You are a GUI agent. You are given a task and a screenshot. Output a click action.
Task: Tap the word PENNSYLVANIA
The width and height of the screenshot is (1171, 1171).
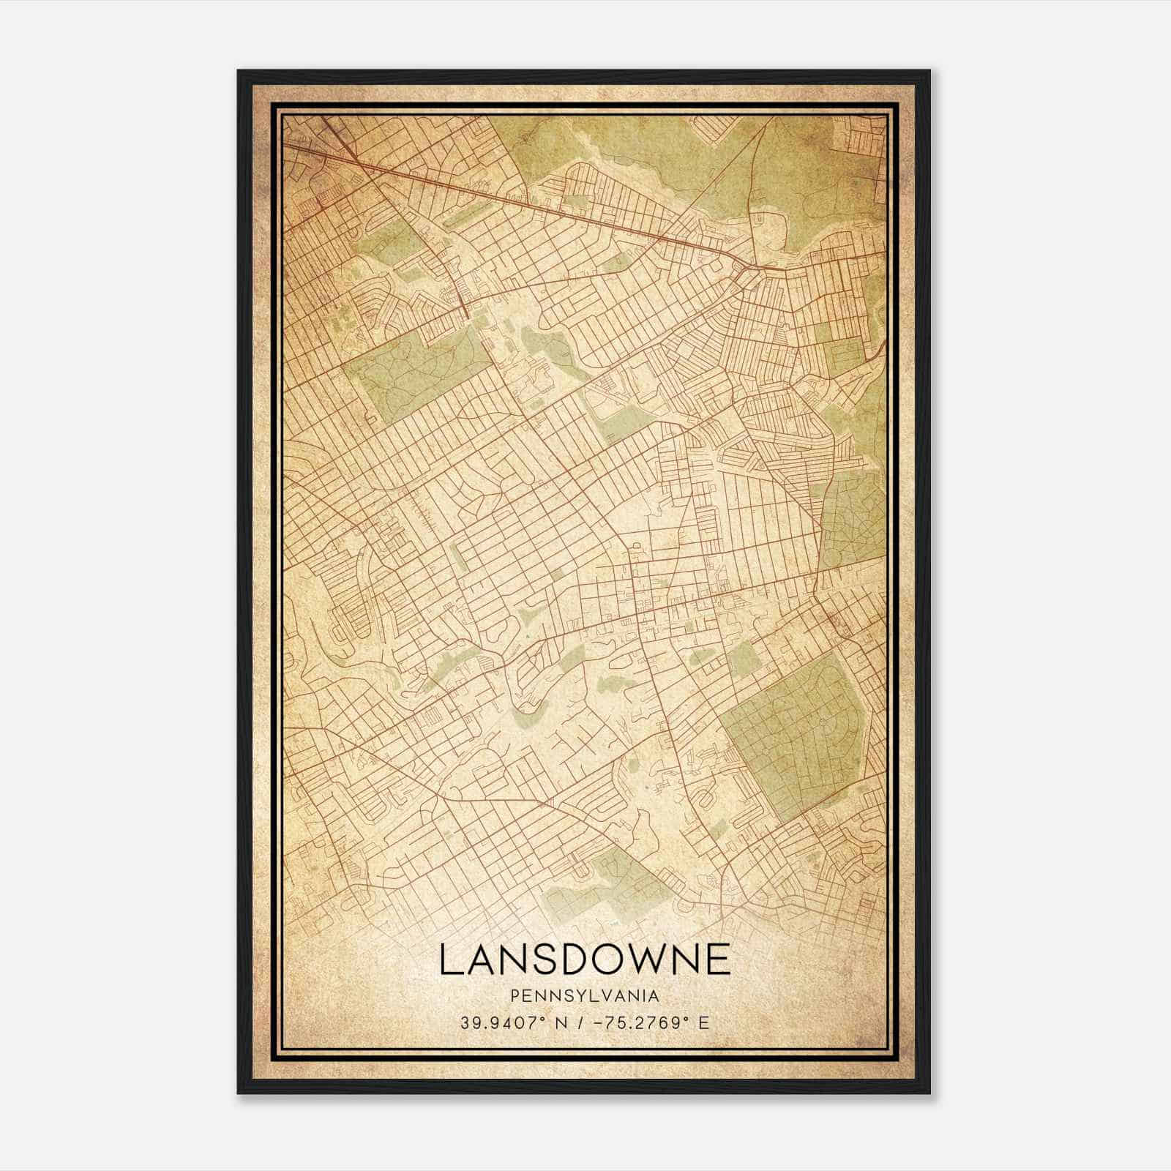click(585, 996)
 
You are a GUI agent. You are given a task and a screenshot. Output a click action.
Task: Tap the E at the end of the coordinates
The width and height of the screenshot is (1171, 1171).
click(704, 1023)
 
